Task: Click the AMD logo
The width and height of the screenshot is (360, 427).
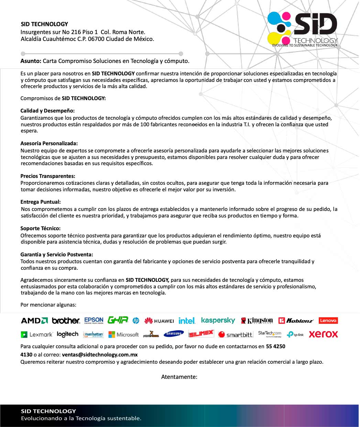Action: tap(34, 321)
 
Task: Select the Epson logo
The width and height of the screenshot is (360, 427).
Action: tap(94, 320)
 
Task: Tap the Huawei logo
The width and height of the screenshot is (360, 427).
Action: tap(159, 321)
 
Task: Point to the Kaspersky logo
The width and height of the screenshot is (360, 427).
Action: tap(218, 320)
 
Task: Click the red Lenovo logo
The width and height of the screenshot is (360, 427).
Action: tap(328, 320)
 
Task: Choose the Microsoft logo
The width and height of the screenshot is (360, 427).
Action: tap(123, 334)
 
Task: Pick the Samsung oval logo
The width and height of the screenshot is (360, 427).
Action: tap(174, 334)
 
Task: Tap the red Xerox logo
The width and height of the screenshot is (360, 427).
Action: tap(323, 334)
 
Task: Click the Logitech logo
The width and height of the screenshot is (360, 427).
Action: tap(67, 334)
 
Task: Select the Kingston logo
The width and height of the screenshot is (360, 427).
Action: tap(257, 321)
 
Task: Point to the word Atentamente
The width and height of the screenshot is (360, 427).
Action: tap(179, 377)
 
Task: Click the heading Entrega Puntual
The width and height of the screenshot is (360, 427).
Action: tap(40, 202)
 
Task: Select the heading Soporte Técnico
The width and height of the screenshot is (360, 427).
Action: tap(40, 228)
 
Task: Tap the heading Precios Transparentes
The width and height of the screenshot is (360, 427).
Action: tap(47, 176)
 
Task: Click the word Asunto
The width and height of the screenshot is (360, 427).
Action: tap(31, 61)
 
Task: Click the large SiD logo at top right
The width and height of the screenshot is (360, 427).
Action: tap(303, 28)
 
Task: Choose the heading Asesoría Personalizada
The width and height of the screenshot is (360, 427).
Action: tap(49, 143)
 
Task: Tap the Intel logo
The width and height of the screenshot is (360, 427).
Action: tap(187, 321)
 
